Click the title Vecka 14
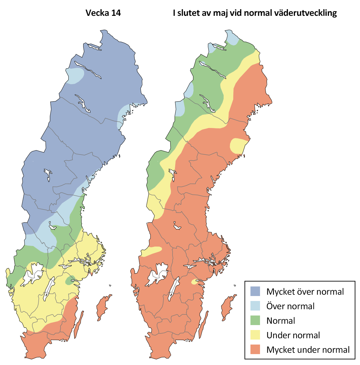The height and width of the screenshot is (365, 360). [x=103, y=14]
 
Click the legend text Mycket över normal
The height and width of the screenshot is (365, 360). [x=305, y=291]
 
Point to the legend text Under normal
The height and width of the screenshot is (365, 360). [x=293, y=335]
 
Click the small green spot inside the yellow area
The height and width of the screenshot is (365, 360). [x=70, y=280]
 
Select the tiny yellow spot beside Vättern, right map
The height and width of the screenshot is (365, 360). [x=195, y=282]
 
